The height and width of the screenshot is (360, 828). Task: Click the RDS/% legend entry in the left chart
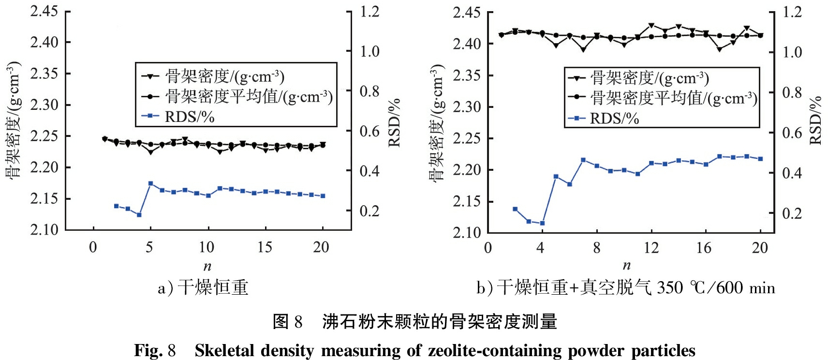[189, 117]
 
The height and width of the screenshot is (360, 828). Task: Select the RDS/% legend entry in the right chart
[614, 119]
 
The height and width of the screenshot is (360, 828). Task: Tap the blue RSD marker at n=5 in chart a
[150, 183]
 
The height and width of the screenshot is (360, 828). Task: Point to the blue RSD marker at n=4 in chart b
[542, 224]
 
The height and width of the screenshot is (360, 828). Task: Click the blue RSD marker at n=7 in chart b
[583, 160]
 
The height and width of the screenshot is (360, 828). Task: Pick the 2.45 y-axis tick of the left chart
[44, 12]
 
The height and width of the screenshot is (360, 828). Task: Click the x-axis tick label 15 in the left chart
[264, 247]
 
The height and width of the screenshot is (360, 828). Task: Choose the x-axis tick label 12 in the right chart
[651, 248]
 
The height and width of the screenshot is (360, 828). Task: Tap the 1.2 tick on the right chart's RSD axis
[792, 12]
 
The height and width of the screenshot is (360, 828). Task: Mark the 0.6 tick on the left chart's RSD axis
[370, 131]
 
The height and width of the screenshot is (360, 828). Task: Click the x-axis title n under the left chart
[207, 266]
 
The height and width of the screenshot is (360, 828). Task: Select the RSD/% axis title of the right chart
[815, 120]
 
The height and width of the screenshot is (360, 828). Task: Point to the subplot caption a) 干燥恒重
[203, 288]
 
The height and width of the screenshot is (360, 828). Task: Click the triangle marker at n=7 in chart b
[583, 49]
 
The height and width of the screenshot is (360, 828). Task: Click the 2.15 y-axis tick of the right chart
[467, 202]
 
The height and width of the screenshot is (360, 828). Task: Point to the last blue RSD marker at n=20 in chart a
[323, 196]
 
